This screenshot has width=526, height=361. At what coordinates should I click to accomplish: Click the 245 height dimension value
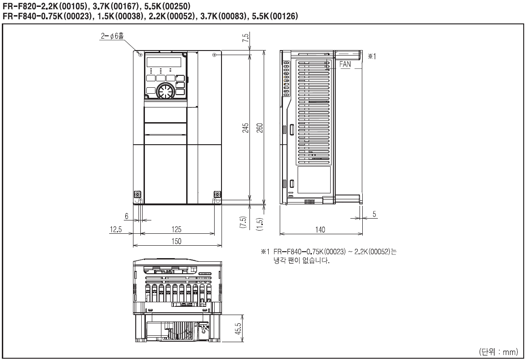click(246, 128)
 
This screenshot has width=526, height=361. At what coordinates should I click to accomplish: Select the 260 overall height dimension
click(260, 128)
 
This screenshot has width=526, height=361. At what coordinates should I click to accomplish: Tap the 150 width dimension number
click(177, 241)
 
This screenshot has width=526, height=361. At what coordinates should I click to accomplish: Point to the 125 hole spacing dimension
click(177, 229)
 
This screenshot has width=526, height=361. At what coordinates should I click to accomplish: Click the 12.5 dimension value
click(116, 230)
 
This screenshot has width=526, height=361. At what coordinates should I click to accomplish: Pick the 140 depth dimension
click(320, 230)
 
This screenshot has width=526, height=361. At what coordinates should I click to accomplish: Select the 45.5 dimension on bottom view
click(238, 329)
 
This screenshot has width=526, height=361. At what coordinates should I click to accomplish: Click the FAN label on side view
click(345, 64)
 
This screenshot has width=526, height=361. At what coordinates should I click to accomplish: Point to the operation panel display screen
click(163, 62)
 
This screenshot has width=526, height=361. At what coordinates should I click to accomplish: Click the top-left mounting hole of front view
click(140, 55)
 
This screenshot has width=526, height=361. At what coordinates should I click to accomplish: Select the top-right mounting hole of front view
click(214, 55)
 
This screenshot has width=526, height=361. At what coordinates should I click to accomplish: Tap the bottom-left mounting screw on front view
click(138, 194)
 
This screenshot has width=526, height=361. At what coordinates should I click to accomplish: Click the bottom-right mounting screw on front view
click(217, 194)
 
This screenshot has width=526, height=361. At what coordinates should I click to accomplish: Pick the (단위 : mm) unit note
click(498, 352)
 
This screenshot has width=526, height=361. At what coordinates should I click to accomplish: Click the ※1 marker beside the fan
click(372, 56)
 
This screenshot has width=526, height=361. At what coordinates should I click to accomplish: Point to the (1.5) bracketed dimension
click(260, 224)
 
